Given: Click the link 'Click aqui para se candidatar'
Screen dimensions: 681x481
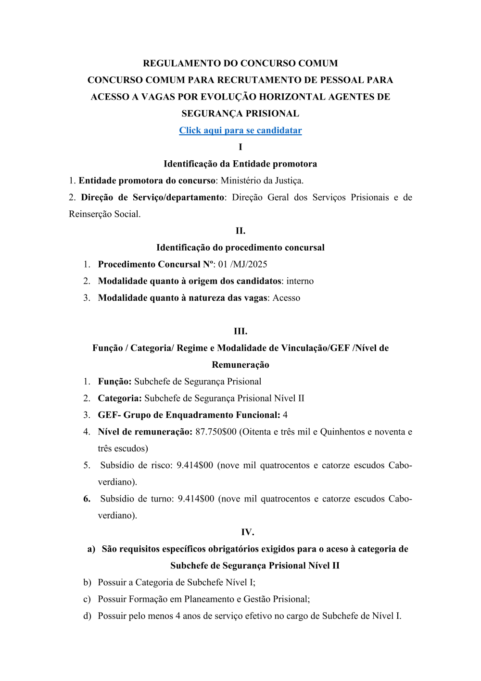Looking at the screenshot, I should pos(240,130).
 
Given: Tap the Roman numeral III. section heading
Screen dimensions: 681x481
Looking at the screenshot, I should pos(240,331).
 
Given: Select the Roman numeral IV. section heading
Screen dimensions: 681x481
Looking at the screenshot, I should pos(247,532).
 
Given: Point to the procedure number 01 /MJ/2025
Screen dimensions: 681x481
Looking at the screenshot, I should pos(243,264).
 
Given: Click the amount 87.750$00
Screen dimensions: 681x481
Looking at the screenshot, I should pos(216,432).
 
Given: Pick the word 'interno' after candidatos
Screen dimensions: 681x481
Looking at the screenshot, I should pos(300,281).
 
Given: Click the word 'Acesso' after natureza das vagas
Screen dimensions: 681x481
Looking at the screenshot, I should pos(286,298).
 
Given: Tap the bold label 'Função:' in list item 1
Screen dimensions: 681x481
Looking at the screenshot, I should pos(114,382).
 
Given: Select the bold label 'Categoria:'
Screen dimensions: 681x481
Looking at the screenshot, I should pos(120,398).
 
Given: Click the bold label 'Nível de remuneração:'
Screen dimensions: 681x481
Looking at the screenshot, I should pos(145,432).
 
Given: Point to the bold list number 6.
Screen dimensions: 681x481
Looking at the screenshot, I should pos(87,499).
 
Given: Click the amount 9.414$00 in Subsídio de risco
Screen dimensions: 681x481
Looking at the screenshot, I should pos(195,465).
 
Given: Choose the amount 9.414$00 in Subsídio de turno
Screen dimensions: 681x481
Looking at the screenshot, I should pos(196,499).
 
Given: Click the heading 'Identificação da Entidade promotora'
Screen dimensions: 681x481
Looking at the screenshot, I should pos(240,164).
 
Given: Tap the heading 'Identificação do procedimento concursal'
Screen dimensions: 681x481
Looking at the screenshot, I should pos(240,247).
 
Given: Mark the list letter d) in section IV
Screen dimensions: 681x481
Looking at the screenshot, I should pos(87,616).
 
